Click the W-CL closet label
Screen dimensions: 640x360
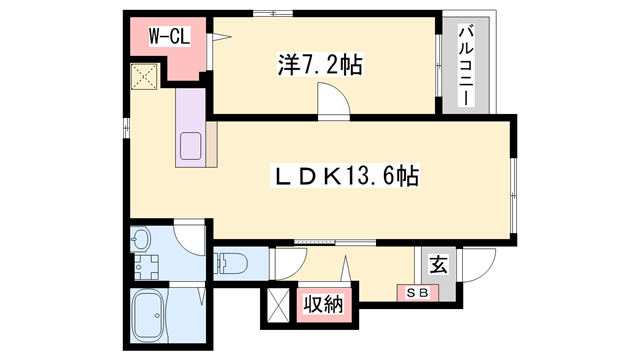click(169, 37)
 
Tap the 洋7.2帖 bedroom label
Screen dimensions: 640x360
click(320, 64)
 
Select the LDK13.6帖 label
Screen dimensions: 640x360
click(345, 176)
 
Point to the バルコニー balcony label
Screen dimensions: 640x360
click(467, 65)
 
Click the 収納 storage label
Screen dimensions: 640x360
click(324, 304)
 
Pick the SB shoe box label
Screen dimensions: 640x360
click(418, 293)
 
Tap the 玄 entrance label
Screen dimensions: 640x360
click(438, 264)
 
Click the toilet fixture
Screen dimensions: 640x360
click(230, 263)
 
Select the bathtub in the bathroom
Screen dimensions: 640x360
click(148, 316)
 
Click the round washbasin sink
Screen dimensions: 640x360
click(141, 240)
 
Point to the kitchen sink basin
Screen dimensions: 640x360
click(190, 146)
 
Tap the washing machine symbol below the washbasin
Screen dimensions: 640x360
click(147, 267)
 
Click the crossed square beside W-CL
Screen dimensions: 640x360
click(144, 76)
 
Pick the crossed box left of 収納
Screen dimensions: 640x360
click(279, 305)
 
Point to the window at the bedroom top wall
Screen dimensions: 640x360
click(273, 13)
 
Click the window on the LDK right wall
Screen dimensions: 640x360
click(514, 196)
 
